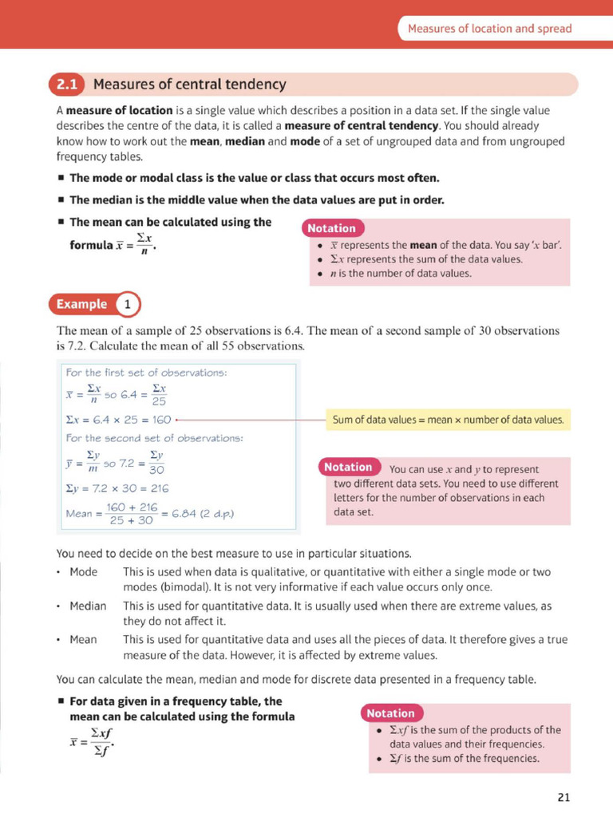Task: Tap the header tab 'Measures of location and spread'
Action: click(x=489, y=29)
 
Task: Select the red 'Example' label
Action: click(x=81, y=304)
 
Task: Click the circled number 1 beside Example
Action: click(x=128, y=304)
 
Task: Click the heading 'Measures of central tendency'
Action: click(x=189, y=85)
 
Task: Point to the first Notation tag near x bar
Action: click(x=331, y=229)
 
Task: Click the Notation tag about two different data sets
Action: click(x=349, y=467)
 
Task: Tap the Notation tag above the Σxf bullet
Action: click(x=391, y=713)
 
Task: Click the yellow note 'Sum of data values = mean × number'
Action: click(x=448, y=419)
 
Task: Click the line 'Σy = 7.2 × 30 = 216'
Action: click(x=117, y=487)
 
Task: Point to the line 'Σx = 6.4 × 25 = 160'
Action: click(x=119, y=418)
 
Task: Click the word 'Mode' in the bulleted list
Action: click(x=83, y=572)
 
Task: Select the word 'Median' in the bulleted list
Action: click(x=88, y=606)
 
